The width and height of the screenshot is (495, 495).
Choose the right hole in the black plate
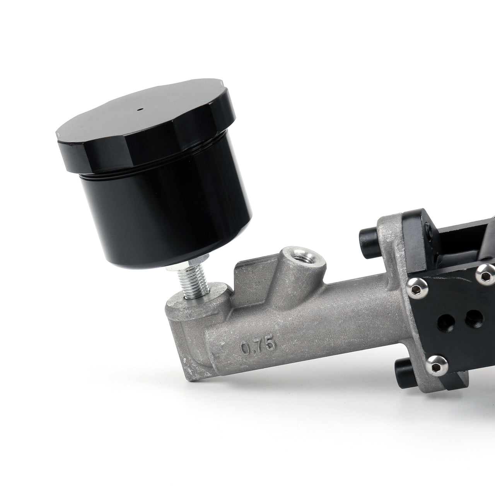472,316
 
